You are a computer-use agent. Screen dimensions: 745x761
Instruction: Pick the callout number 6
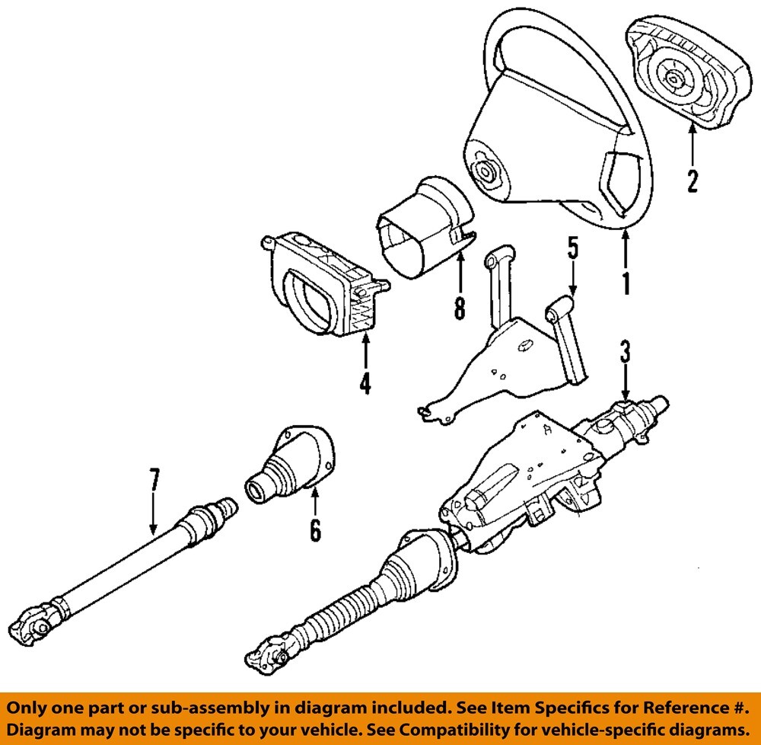pos(315,529)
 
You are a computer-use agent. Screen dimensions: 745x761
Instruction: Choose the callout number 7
pos(154,481)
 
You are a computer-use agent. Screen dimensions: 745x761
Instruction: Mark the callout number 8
pos(459,308)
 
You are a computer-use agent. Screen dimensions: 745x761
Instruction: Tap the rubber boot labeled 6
pos(289,465)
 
